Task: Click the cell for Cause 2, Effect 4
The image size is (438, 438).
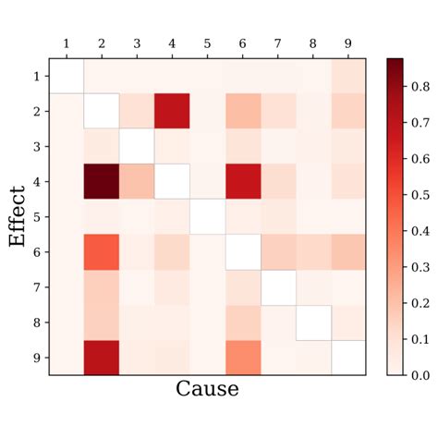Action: [x=102, y=181]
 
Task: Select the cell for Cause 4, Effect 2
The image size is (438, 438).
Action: [x=173, y=111]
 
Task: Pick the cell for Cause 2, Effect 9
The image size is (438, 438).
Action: [x=102, y=357]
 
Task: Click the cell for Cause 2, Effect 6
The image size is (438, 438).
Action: [x=102, y=251]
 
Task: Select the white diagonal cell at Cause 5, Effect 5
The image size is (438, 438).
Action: [x=208, y=216]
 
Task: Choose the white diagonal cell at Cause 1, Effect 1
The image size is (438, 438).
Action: [x=67, y=76]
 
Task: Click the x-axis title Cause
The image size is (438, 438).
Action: [x=207, y=389]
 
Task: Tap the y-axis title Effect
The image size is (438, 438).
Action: [x=17, y=216]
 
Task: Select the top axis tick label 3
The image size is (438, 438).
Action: [x=137, y=44]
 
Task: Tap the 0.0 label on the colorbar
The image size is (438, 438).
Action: [x=420, y=375]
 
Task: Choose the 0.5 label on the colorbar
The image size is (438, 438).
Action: [x=420, y=194]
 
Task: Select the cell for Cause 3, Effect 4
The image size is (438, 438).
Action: [x=137, y=181]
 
